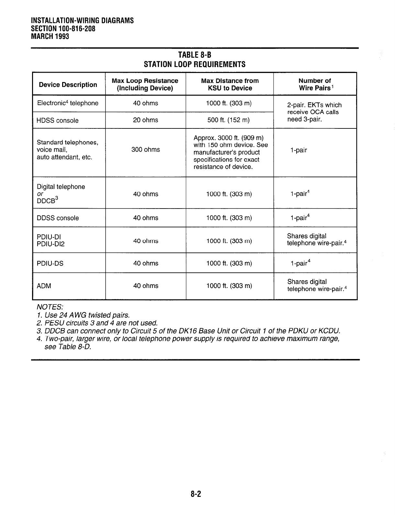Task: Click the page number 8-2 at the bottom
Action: [x=196, y=494]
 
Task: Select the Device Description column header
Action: [x=68, y=85]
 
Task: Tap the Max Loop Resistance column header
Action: [x=145, y=84]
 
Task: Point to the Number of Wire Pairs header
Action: [x=315, y=84]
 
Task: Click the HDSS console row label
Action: [x=58, y=121]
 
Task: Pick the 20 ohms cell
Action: [x=146, y=120]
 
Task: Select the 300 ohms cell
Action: [x=146, y=150]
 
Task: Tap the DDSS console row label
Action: [x=58, y=218]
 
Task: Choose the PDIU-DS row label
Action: [x=50, y=263]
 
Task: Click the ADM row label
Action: [x=44, y=286]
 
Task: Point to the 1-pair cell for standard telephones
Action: [x=299, y=150]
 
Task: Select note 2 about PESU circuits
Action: [x=97, y=323]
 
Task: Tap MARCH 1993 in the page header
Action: [x=50, y=36]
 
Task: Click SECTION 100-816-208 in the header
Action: [x=63, y=29]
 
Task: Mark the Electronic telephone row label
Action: [x=68, y=103]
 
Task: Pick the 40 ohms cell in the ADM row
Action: [x=146, y=286]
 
